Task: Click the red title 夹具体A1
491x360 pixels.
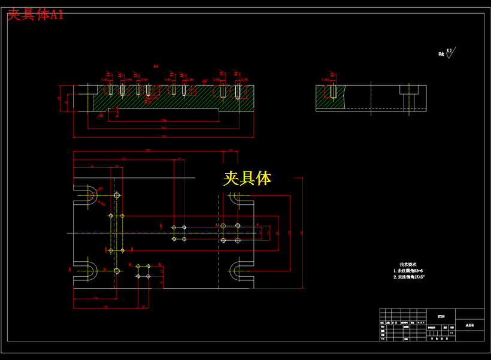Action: coord(35,15)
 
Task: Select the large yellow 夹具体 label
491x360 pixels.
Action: coord(247,178)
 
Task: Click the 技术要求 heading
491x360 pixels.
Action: coord(408,264)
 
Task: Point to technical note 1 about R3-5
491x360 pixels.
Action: coord(408,271)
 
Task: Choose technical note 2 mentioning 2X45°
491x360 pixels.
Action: coord(409,277)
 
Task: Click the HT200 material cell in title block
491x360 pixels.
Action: coord(441,315)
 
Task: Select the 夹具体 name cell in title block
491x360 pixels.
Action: coord(469,326)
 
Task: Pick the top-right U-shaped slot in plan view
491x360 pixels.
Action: coord(242,195)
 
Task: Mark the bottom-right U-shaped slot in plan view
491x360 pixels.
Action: coord(242,271)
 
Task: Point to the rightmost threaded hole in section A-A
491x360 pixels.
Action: coord(238,91)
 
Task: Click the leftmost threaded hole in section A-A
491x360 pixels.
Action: coord(110,90)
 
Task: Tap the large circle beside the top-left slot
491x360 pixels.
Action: coord(117,195)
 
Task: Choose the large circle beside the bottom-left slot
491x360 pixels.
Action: coord(117,271)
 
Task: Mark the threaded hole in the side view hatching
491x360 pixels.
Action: coord(332,91)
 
